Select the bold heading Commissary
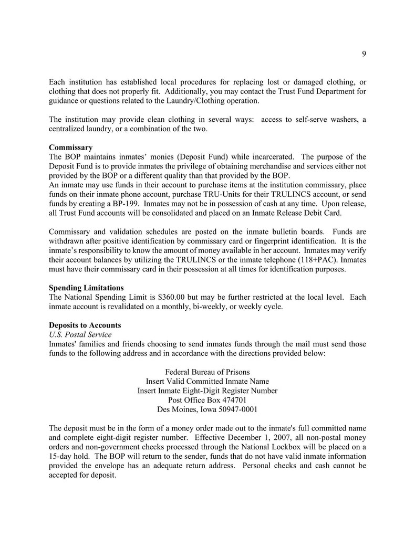tap(70, 148)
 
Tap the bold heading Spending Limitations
tap(86, 288)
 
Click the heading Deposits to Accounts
tap(85, 325)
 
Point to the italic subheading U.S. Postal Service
tap(80, 334)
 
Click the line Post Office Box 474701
tap(207, 400)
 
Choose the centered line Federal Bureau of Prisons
tap(207, 372)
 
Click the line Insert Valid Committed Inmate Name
tap(207, 381)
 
